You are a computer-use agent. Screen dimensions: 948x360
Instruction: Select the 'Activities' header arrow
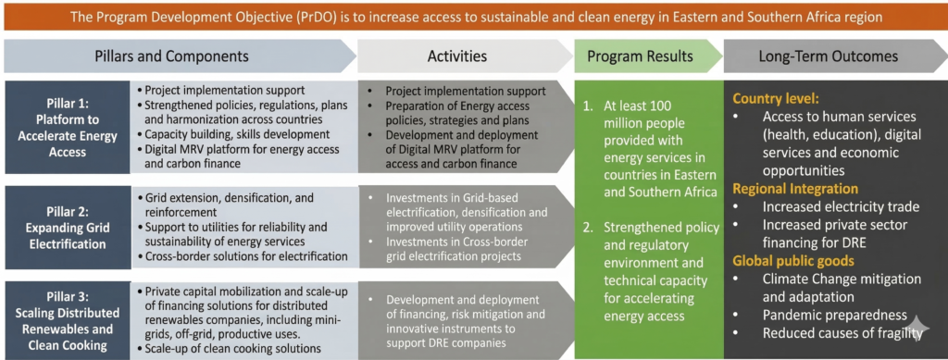tap(466, 56)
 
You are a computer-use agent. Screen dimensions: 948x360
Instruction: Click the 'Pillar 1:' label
tap(67, 103)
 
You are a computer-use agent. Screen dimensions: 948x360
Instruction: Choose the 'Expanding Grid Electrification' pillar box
tap(67, 228)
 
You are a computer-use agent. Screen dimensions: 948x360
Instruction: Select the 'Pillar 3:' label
tap(67, 296)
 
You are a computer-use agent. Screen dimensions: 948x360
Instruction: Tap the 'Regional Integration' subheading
tap(795, 189)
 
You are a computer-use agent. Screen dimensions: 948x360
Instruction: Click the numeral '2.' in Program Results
tap(589, 228)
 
